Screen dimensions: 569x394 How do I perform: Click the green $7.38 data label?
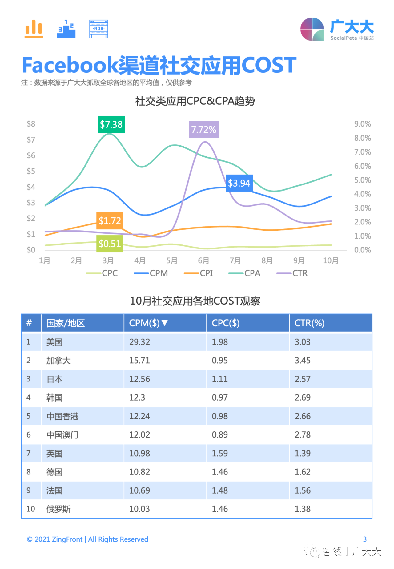(x=111, y=124)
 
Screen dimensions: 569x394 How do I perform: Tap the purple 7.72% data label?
(x=203, y=130)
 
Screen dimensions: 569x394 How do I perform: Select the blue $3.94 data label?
(x=239, y=183)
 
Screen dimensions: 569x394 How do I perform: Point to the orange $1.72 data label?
(x=110, y=221)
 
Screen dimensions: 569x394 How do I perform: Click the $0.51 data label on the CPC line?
(x=110, y=244)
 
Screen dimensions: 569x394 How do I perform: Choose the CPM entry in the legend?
(x=151, y=273)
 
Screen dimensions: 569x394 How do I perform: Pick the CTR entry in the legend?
(x=292, y=273)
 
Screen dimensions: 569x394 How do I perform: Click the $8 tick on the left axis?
(x=31, y=124)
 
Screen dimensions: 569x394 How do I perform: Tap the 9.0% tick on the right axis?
(x=362, y=124)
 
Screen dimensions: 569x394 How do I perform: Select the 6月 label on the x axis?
(x=203, y=261)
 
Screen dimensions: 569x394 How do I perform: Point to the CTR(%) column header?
(x=309, y=323)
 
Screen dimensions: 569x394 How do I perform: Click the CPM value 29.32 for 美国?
(x=139, y=342)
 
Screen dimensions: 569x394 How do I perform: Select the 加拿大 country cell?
(x=58, y=361)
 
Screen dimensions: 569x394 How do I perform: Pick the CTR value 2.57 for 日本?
(x=303, y=379)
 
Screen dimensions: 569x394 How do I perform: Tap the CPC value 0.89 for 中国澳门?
(x=220, y=435)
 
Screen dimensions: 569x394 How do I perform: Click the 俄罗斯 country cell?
(x=58, y=509)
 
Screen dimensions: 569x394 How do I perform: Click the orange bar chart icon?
(x=34, y=29)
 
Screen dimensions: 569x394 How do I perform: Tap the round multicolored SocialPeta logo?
(x=312, y=29)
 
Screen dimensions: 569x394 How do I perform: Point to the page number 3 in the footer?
(x=365, y=539)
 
